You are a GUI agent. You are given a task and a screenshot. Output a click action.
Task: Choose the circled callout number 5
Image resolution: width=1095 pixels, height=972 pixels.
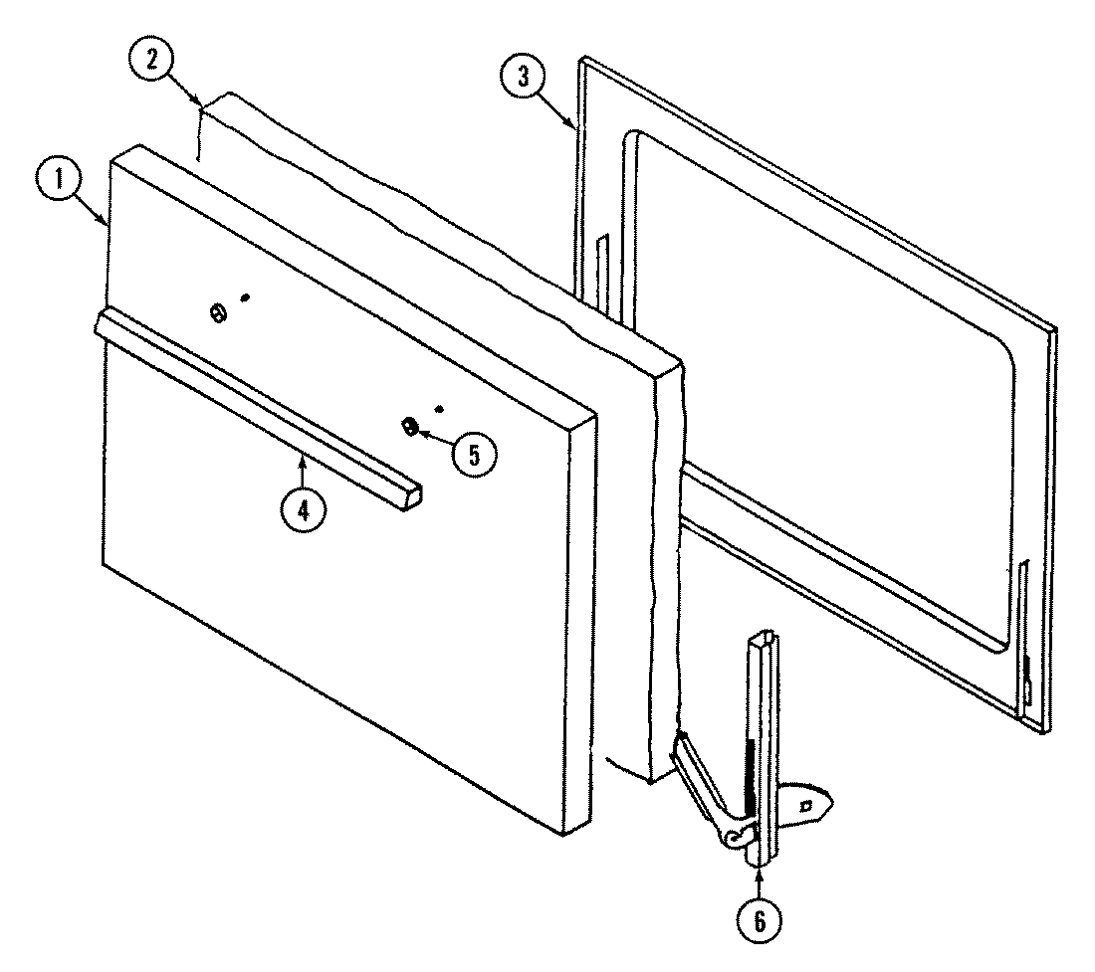point(471,454)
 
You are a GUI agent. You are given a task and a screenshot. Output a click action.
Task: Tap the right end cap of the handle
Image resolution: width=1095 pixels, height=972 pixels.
point(409,496)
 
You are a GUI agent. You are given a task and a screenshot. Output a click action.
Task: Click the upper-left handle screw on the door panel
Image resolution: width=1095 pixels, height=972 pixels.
point(216,312)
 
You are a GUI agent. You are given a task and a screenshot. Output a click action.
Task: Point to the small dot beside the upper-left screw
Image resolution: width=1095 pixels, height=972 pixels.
point(245,296)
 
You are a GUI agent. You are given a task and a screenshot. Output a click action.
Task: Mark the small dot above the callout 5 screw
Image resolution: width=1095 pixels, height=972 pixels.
point(438,408)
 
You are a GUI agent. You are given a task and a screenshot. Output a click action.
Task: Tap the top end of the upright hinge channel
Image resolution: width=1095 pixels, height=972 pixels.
point(764,637)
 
